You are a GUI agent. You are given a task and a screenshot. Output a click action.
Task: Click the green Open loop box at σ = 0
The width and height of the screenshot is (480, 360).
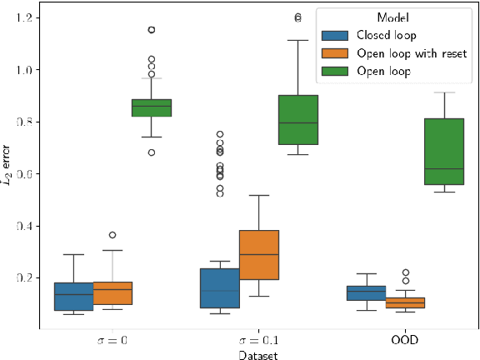[x=152, y=107]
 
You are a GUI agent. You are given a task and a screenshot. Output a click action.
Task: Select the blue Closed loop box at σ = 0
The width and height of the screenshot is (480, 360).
[x=73, y=296]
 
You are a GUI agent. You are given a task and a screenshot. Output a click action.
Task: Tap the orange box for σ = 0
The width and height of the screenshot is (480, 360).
[x=112, y=293]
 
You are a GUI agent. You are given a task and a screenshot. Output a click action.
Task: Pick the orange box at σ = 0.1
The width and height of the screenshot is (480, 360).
[x=258, y=255]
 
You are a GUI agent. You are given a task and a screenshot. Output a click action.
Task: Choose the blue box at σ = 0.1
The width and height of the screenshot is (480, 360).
[x=219, y=288]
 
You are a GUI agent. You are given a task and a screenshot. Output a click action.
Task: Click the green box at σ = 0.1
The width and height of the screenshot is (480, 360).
[x=297, y=120]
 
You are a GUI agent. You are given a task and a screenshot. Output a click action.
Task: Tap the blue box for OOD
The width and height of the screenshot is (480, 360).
[x=366, y=292]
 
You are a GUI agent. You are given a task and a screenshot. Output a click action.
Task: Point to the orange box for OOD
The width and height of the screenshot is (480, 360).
[x=405, y=302]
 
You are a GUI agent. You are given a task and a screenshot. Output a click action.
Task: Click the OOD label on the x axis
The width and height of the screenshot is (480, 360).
[x=405, y=341]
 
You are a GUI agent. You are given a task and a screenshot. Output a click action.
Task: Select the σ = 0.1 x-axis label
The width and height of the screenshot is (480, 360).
[x=258, y=341]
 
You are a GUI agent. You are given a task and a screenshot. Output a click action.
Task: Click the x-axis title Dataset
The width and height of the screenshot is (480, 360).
[x=258, y=353]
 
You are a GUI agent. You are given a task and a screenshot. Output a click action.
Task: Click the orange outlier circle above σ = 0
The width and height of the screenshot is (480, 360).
[x=112, y=235]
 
